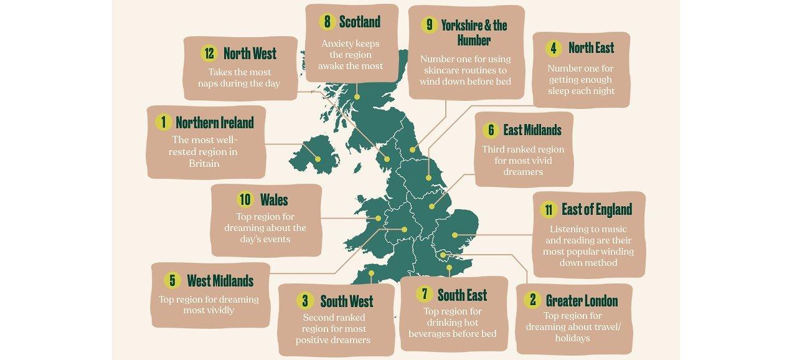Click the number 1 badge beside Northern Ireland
(163, 122)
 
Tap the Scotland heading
(359, 22)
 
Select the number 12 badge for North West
(209, 54)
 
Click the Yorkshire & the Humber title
(474, 32)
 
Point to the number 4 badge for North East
(553, 48)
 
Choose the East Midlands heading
(532, 130)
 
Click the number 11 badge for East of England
(549, 209)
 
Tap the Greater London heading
(582, 301)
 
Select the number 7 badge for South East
(423, 295)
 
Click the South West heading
(346, 301)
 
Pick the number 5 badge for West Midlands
(172, 281)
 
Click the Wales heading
(274, 199)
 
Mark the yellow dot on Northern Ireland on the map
(318, 159)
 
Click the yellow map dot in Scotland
(357, 97)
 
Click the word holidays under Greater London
(572, 339)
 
